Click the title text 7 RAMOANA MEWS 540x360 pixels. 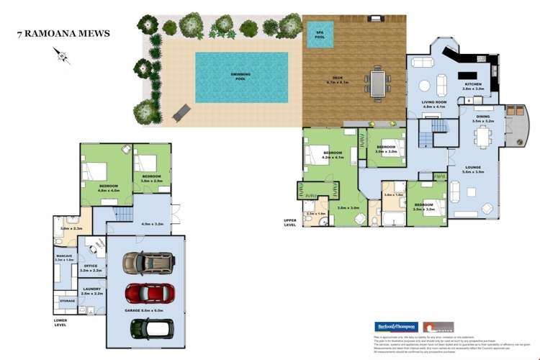pos(63,34)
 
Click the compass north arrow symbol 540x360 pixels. pos(62,55)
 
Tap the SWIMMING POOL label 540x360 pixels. pos(240,76)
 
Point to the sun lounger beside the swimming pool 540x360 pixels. pos(183,112)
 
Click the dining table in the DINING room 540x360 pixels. pos(484,137)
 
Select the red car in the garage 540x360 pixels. pos(150,294)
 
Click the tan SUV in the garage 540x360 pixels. pos(148,263)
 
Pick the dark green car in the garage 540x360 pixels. pos(152,328)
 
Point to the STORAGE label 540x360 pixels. pos(67,300)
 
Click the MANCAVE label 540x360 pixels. pos(64,257)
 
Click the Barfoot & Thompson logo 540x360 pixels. pos(395,326)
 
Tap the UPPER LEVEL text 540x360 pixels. pos(290,222)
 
